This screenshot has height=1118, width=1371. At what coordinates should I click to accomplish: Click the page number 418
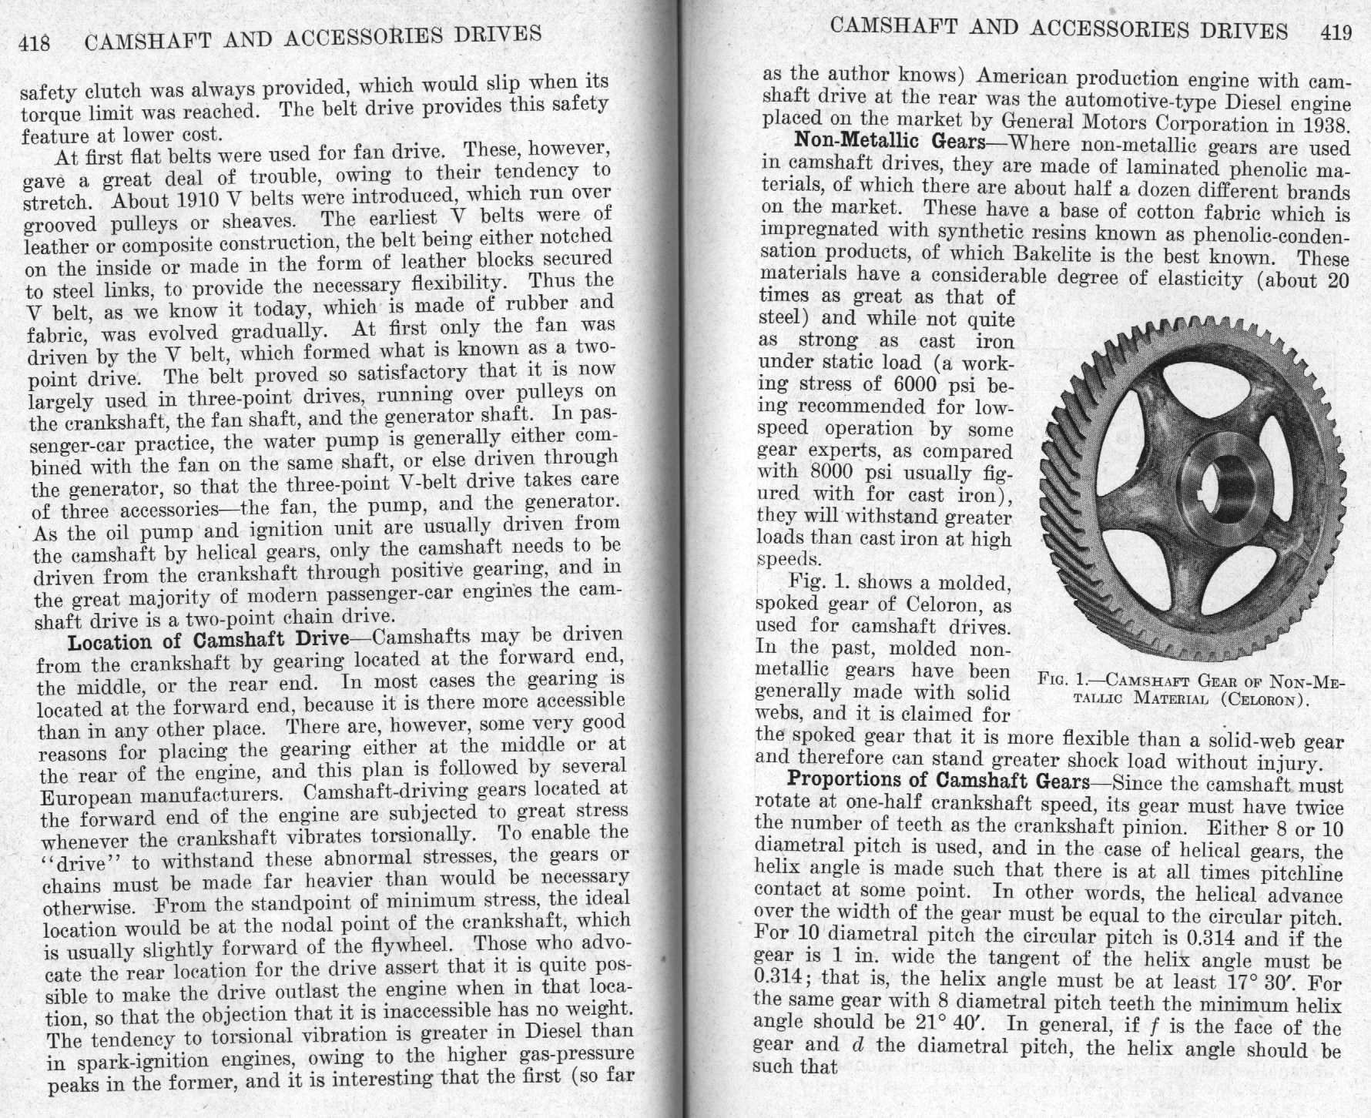coord(35,42)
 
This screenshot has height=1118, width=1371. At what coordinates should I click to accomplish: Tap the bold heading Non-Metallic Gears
coord(890,142)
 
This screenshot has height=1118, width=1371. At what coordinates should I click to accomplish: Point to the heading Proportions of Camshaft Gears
coord(937,781)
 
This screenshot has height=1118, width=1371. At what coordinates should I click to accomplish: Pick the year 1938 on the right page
coord(1322,125)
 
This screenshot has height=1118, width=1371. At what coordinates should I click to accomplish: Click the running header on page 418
coord(312,37)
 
